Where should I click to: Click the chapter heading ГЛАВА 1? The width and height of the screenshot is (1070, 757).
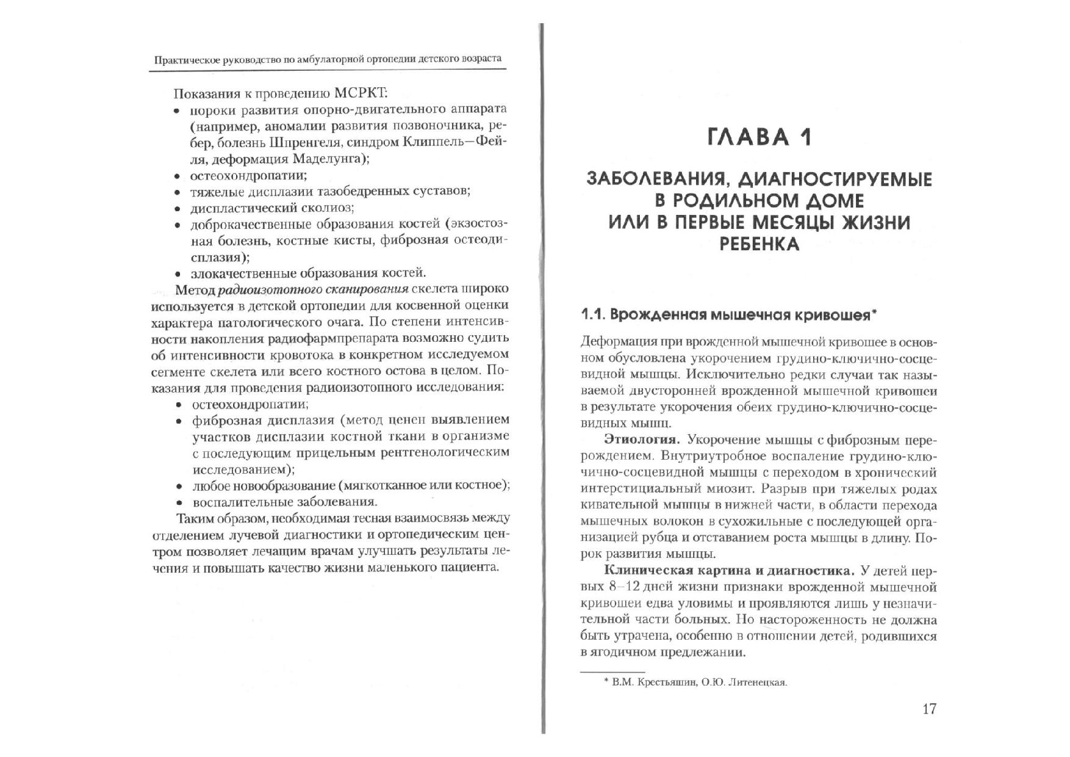(759, 137)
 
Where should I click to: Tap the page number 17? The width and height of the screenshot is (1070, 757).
(928, 709)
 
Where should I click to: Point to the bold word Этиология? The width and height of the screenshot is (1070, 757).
(641, 440)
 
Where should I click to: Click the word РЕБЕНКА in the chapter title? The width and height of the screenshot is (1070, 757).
(759, 244)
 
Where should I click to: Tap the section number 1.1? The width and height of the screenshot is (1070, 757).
(592, 315)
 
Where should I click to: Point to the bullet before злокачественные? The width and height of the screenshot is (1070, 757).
(177, 274)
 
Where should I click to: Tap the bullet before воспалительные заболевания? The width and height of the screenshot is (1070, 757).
(179, 503)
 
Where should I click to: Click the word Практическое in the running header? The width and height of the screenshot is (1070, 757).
(184, 59)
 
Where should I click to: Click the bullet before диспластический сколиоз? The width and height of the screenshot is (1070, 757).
(177, 209)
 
